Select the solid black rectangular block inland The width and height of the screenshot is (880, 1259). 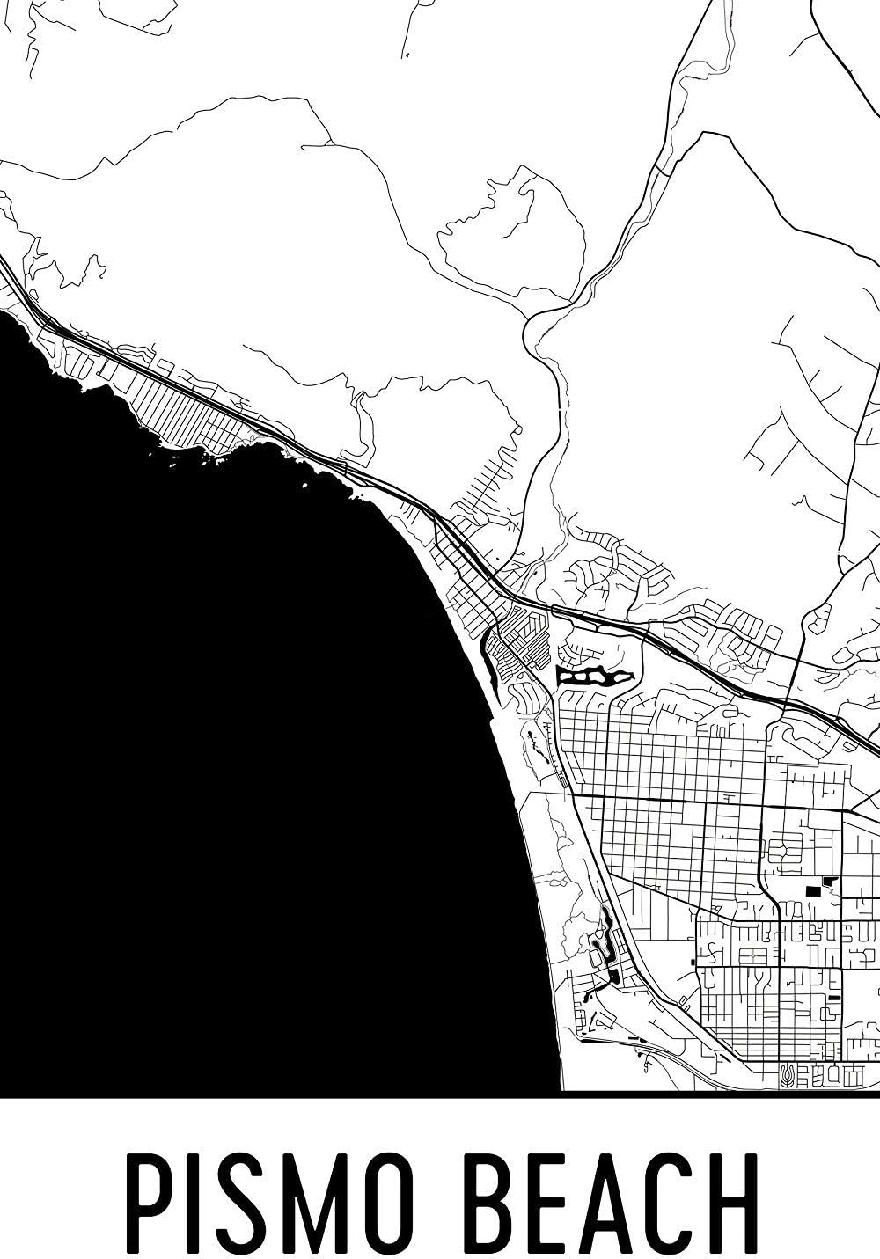click(x=811, y=891)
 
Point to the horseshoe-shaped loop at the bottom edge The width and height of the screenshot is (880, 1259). click(x=786, y=1074)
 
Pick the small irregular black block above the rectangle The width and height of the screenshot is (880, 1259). click(x=828, y=881)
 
